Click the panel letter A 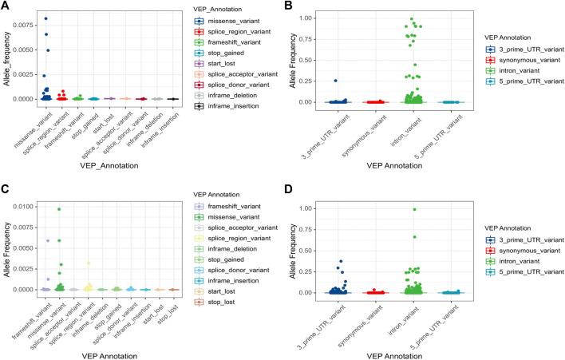click(x=6, y=6)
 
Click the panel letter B click(x=292, y=6)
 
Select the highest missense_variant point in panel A click(x=45, y=18)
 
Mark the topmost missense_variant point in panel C click(x=59, y=209)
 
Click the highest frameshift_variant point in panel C click(x=47, y=240)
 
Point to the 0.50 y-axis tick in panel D click(x=314, y=251)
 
